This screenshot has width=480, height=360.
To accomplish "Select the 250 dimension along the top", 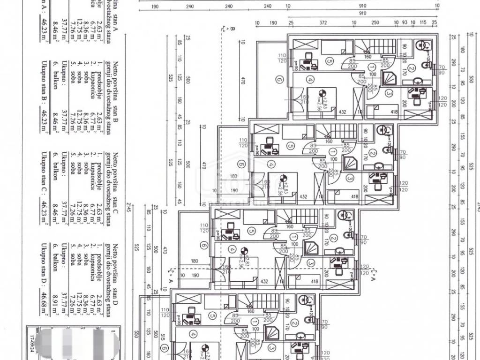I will [x=375, y=22].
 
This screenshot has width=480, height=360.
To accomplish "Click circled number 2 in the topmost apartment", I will [x=411, y=68].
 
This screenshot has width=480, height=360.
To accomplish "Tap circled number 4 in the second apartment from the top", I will [x=271, y=165].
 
